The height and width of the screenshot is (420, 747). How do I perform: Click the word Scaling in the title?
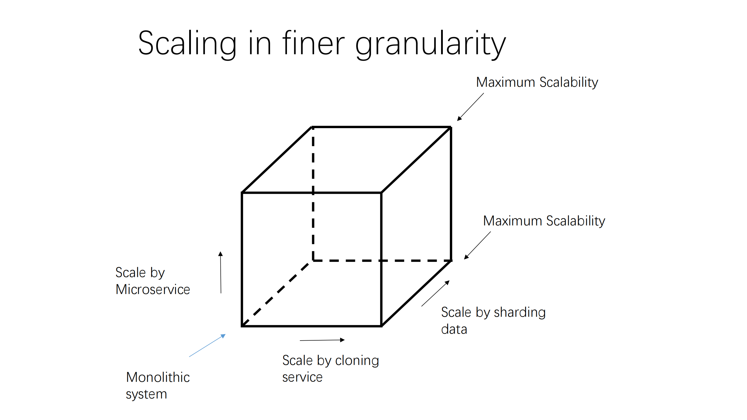click(x=187, y=44)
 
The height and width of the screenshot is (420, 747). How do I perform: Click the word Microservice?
click(x=153, y=290)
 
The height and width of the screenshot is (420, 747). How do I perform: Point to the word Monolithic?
click(x=158, y=377)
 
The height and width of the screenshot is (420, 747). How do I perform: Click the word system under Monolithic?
click(x=146, y=394)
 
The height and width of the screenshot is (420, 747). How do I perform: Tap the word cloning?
click(x=357, y=360)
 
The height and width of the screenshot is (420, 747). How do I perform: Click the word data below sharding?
click(x=454, y=329)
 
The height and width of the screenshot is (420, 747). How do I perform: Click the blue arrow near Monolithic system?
click(x=207, y=346)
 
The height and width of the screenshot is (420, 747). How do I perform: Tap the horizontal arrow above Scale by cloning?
click(x=322, y=340)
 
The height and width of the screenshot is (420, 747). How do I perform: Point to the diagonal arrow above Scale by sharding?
click(x=435, y=293)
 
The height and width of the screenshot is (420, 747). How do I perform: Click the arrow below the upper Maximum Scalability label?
click(x=470, y=107)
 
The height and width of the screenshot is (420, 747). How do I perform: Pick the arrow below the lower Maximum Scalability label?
click(x=477, y=245)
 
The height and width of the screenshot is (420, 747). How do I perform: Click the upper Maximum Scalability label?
click(x=537, y=82)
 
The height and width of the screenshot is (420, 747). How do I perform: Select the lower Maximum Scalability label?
click(x=544, y=221)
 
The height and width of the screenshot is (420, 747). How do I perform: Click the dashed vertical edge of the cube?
click(x=313, y=204)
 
